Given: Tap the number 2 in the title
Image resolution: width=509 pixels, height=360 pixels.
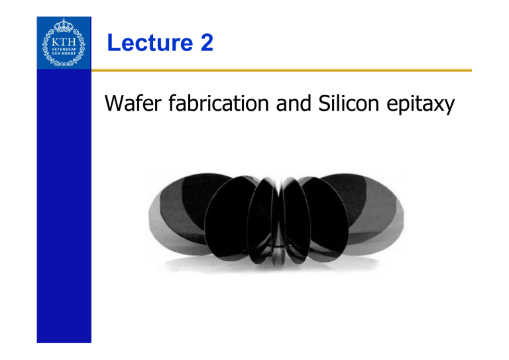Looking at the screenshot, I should click(204, 44).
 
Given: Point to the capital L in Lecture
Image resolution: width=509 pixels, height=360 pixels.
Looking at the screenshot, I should click(113, 44).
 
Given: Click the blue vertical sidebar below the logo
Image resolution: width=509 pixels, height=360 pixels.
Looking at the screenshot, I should click(63, 212).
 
